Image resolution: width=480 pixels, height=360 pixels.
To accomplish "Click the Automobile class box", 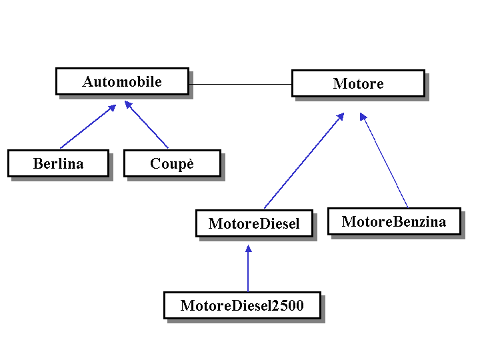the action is point(123,81).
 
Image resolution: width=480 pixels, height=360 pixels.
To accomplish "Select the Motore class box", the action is point(358,83).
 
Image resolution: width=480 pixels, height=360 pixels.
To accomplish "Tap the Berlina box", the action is point(58,163).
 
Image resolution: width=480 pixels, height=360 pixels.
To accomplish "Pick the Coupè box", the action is point(172,163).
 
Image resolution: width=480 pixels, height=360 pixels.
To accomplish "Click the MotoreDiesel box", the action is point(254,223).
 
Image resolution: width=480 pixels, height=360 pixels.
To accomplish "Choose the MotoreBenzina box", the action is point(394,221).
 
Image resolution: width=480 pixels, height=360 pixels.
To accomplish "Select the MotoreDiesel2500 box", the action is point(242,305).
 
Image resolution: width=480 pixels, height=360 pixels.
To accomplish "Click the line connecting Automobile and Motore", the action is point(240,84).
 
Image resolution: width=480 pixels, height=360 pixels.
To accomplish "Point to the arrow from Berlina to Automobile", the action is point(88,127).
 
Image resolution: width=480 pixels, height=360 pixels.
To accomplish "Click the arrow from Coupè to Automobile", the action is point(146,125).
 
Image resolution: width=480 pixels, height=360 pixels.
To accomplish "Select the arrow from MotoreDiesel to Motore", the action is point(304,161).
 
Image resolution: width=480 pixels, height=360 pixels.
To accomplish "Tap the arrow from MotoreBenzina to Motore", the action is point(384,160).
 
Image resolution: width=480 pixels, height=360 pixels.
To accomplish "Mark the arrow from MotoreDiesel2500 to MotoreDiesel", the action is point(248,268).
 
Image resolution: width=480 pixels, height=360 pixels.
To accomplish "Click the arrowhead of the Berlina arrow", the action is point(113,107).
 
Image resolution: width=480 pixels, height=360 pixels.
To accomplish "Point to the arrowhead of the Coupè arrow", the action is point(127,105).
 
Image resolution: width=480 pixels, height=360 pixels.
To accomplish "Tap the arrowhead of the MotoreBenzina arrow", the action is point(363,116).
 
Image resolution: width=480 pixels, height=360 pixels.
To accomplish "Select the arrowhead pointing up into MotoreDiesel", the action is point(249,248).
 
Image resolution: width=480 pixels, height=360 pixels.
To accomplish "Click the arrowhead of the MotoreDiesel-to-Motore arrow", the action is point(341,116).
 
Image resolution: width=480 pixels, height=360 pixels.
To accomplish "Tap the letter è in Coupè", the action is point(191,164).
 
